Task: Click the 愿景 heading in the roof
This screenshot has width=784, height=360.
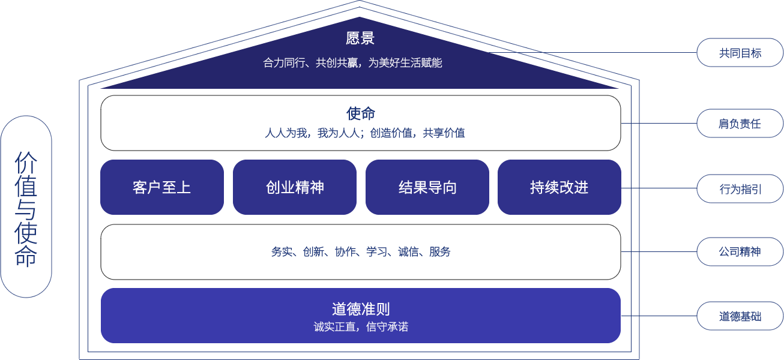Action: (x=360, y=38)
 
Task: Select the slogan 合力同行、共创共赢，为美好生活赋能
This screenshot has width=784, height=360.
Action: (x=352, y=62)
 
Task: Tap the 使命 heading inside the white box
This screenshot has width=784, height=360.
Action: (x=360, y=113)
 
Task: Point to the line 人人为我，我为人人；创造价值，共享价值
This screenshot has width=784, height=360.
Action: (x=364, y=133)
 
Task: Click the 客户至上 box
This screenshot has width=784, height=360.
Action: (x=161, y=187)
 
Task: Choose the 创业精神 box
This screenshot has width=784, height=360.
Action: (x=295, y=187)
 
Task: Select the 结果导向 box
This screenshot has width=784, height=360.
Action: (x=427, y=187)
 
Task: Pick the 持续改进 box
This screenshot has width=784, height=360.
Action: (x=559, y=187)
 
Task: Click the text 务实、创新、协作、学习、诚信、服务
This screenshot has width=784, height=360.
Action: (x=360, y=252)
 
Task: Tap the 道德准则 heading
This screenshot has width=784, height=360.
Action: (x=360, y=309)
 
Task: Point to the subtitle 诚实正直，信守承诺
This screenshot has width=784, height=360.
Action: (x=361, y=327)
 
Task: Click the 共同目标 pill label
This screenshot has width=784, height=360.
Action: (x=740, y=53)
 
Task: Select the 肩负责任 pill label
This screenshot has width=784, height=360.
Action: (x=740, y=124)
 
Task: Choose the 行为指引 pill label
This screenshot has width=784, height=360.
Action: (x=740, y=189)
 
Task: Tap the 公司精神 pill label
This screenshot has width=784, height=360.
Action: (x=740, y=251)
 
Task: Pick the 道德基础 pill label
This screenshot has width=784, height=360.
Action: (x=740, y=316)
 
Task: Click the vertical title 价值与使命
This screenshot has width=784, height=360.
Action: (x=26, y=208)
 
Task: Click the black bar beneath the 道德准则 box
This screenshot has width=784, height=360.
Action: (x=360, y=344)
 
